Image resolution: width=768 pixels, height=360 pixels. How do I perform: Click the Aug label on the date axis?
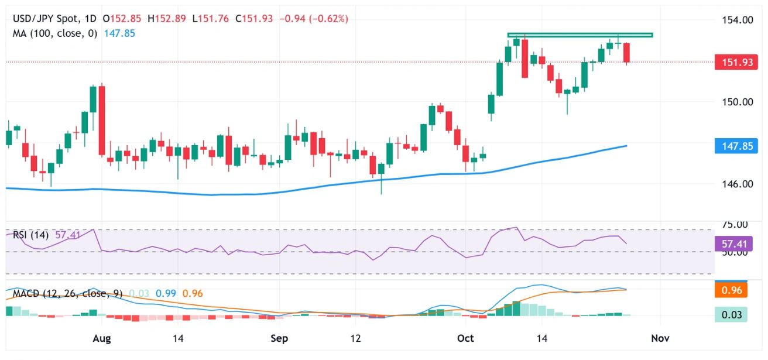[x=102, y=338]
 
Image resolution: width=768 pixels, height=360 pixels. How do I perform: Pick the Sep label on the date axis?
[x=279, y=338]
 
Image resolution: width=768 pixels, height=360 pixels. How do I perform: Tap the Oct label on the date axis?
[x=465, y=338]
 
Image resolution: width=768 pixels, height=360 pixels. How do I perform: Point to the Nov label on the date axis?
[x=660, y=338]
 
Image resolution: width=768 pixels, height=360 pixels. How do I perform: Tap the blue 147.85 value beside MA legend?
[x=119, y=33]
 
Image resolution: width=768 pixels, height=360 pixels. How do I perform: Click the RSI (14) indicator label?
[x=32, y=235]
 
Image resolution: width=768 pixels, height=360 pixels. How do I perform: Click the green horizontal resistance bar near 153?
[x=580, y=35]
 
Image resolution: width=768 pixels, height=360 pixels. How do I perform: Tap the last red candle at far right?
[x=627, y=53]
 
